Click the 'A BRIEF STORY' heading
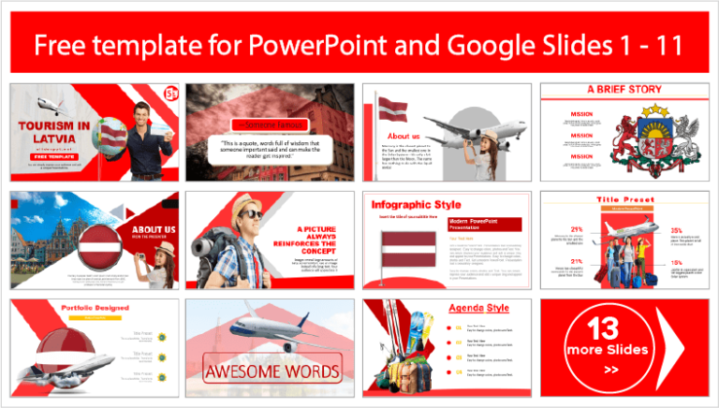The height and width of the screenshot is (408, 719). coord(624,90)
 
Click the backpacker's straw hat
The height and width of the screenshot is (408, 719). coord(250,207)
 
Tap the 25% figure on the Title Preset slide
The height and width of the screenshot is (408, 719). coord(676,229)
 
